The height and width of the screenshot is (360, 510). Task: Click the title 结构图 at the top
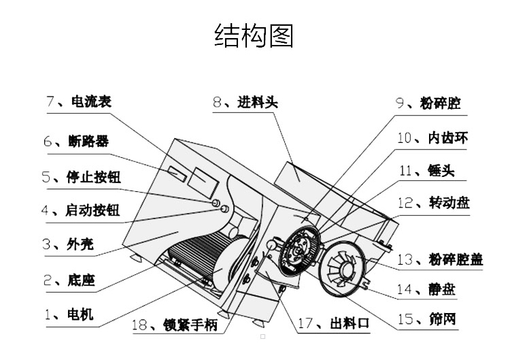[254, 36]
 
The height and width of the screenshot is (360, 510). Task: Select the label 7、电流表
[78, 102]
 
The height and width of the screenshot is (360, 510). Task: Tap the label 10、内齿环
[432, 138]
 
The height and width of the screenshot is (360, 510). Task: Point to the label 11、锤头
[426, 171]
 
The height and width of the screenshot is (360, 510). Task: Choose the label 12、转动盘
[433, 203]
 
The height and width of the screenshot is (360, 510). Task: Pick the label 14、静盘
[426, 290]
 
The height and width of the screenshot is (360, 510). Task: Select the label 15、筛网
[426, 320]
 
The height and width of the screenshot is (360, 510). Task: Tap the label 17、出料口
[334, 325]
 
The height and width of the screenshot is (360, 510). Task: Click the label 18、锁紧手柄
[175, 325]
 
